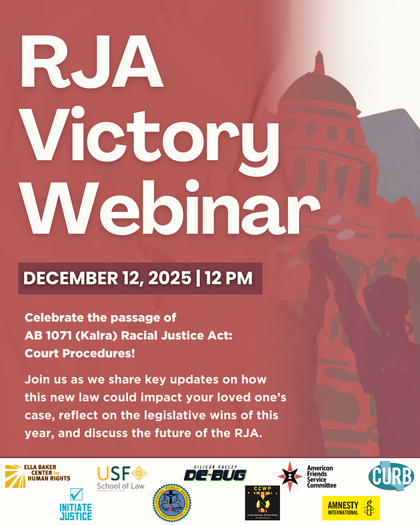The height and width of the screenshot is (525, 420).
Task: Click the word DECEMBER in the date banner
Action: [x=70, y=278]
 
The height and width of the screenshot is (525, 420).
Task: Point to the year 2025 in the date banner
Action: [x=170, y=278]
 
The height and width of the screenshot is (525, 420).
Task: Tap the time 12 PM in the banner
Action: [x=229, y=278]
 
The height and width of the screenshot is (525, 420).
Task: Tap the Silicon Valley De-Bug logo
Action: [x=215, y=474]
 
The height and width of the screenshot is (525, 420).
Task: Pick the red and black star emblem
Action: [x=290, y=476]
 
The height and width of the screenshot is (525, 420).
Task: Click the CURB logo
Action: [x=391, y=476]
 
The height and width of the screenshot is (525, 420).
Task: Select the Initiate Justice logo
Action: [x=76, y=505]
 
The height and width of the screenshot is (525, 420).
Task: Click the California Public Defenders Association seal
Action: [x=171, y=503]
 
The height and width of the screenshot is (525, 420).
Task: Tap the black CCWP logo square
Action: [x=262, y=502]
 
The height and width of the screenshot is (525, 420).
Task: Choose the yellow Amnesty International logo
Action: [x=351, y=508]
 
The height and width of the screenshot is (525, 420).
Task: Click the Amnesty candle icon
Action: [x=369, y=508]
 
